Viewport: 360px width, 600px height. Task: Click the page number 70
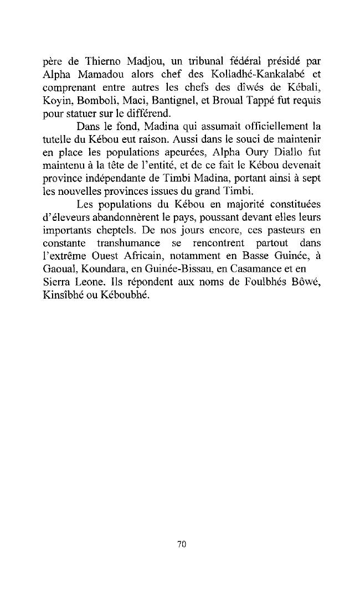(181, 545)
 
